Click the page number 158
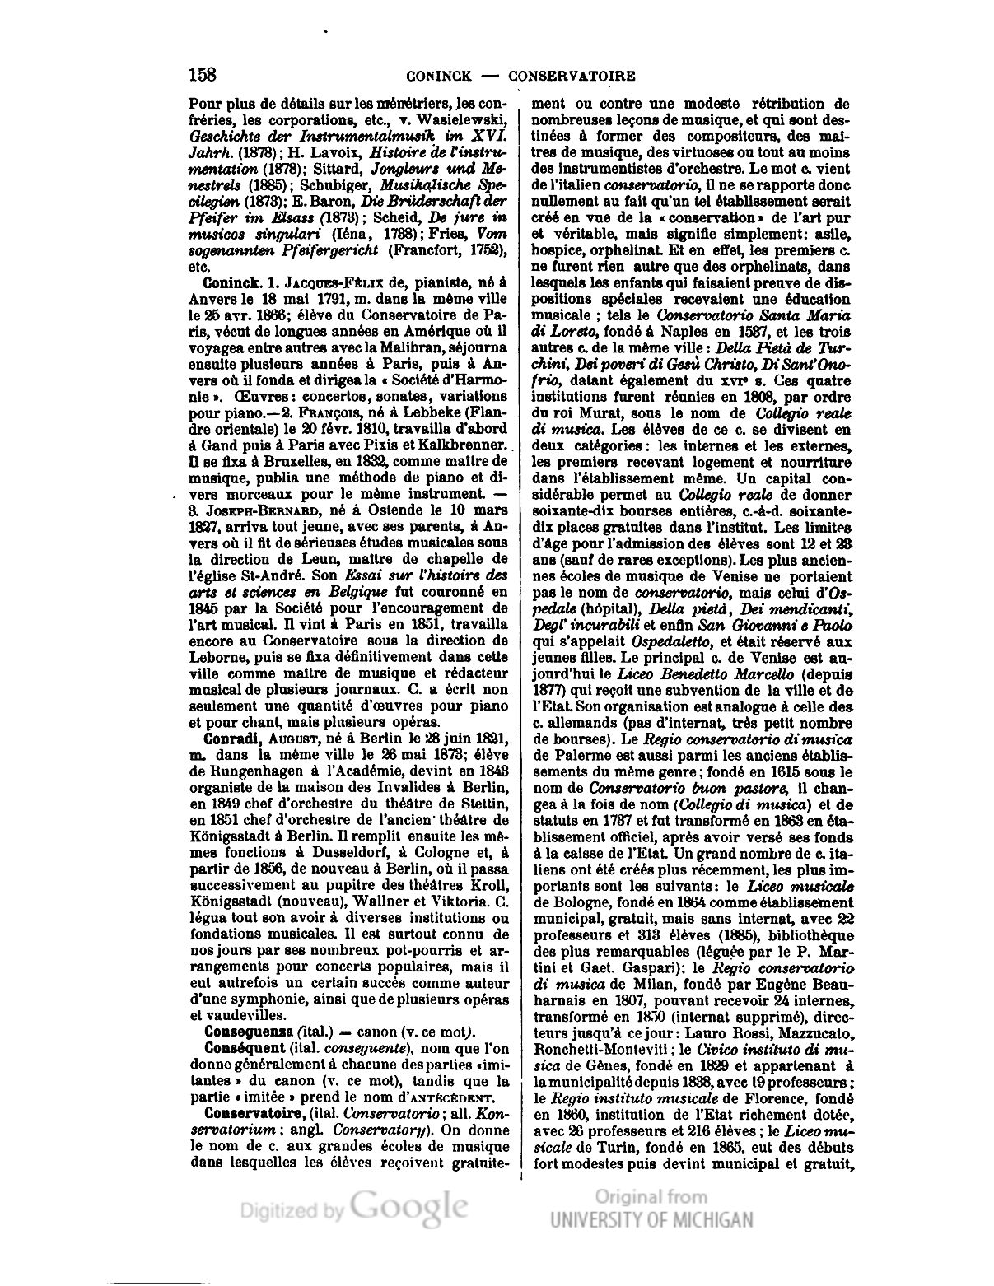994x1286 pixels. pyautogui.click(x=203, y=75)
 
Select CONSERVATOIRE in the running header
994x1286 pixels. pyautogui.click(x=572, y=77)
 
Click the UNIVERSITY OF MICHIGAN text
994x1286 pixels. pyautogui.click(x=651, y=1220)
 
